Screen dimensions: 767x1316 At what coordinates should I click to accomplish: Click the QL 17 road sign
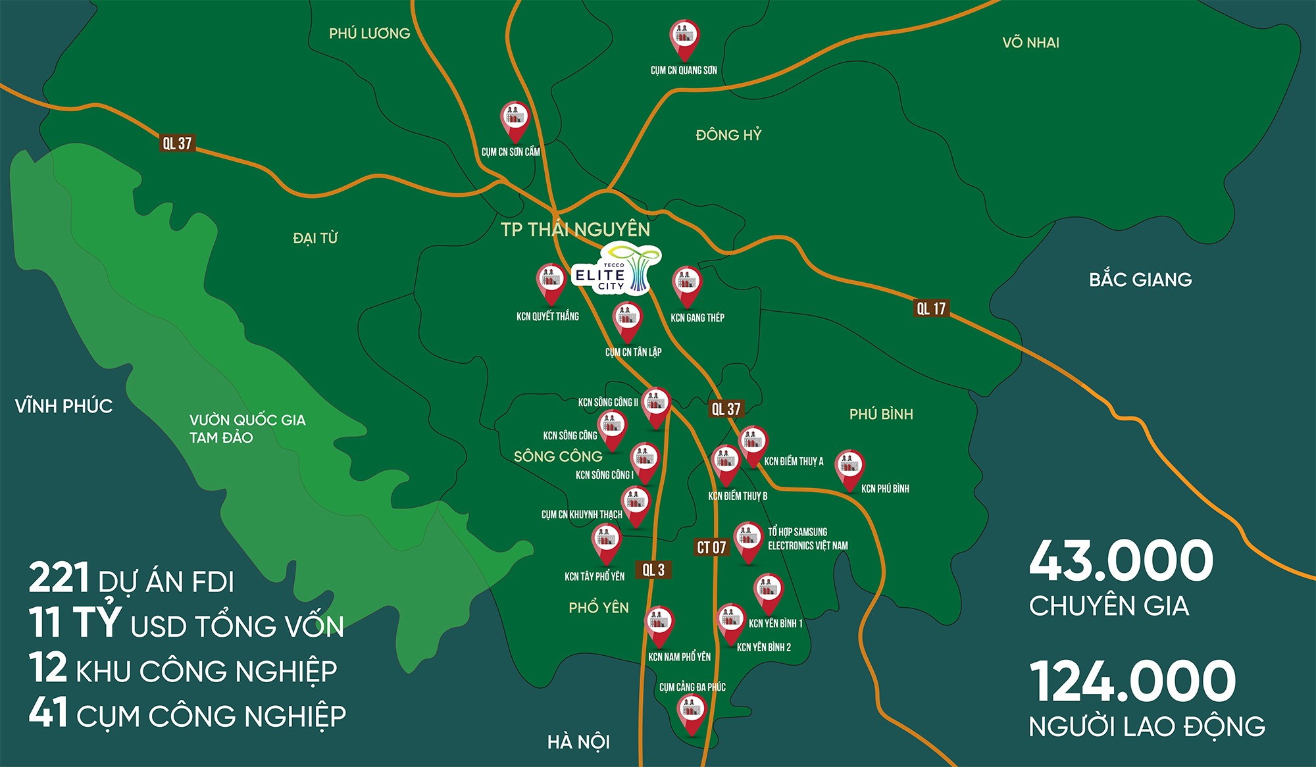(931, 308)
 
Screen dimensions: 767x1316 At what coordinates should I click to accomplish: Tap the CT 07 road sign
(711, 547)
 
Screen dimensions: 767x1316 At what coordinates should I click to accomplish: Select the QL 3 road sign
(653, 570)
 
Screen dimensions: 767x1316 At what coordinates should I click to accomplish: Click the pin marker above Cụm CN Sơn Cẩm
(515, 120)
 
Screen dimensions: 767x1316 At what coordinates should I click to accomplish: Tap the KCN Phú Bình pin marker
(849, 468)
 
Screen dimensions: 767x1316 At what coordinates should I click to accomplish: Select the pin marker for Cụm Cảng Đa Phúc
(692, 712)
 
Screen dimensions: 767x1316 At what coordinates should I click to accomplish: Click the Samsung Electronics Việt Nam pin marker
(747, 541)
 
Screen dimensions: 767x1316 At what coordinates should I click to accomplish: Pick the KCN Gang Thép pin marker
(687, 285)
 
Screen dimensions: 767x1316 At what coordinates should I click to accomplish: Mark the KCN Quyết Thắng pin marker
(551, 282)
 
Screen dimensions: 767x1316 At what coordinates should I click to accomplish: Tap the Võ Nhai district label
(1030, 43)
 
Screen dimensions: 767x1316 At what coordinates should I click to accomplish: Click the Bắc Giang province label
(1140, 280)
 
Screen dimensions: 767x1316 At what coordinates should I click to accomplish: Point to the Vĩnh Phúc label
(64, 406)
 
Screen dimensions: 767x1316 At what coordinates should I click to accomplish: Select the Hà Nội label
(578, 742)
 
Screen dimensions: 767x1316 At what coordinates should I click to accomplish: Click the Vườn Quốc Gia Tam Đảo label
(247, 429)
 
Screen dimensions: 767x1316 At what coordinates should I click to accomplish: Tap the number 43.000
(1121, 561)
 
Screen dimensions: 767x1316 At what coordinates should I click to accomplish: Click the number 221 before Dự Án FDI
(59, 578)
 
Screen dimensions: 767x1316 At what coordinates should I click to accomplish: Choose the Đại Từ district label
(315, 238)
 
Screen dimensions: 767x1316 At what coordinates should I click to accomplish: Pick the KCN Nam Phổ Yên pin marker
(659, 624)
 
